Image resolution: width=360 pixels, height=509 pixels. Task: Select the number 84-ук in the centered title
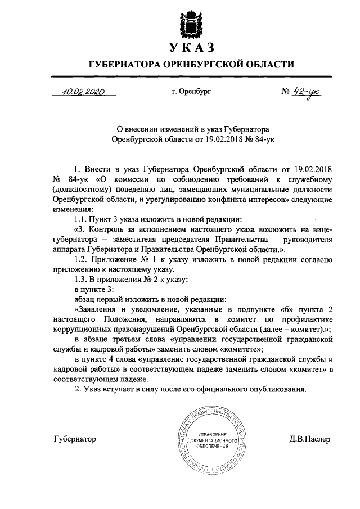point(259,137)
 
